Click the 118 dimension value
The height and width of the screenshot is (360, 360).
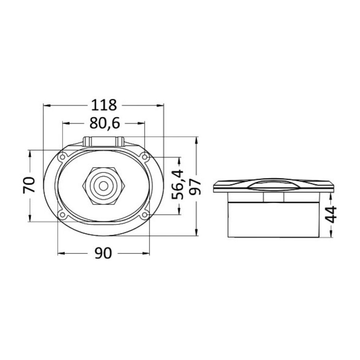[104, 105]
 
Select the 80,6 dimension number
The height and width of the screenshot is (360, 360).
[105, 124]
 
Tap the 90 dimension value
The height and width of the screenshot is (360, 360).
[103, 253]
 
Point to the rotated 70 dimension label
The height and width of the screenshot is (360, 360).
[29, 185]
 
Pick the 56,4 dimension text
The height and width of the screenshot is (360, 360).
[178, 184]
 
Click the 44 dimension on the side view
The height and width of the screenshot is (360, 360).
[331, 215]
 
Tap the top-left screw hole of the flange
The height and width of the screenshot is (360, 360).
[62, 157]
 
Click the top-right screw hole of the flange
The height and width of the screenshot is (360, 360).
[145, 157]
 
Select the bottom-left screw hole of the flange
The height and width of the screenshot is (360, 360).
[62, 215]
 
